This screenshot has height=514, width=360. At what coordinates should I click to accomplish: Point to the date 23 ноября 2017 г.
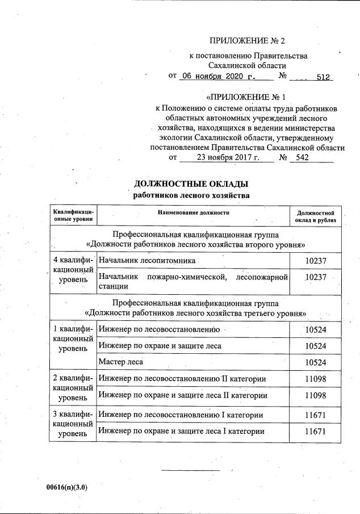pyautogui.click(x=226, y=157)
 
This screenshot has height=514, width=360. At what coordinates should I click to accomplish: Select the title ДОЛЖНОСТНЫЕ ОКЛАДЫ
pyautogui.click(x=191, y=184)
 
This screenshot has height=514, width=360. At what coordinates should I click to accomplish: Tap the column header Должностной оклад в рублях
pyautogui.click(x=315, y=215)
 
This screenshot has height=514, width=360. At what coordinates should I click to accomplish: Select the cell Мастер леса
pyautogui.click(x=120, y=361)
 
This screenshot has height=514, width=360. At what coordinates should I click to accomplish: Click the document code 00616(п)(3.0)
pyautogui.click(x=68, y=487)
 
